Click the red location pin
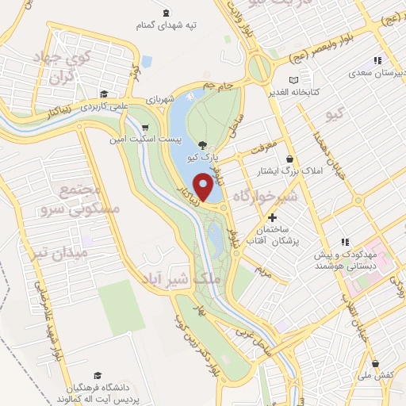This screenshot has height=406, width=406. pos(205,187)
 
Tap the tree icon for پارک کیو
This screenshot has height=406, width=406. pos(203,145)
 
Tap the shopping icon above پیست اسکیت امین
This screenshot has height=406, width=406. pos(144,127)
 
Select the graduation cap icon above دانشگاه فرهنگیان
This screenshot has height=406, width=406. pos(97,375)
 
